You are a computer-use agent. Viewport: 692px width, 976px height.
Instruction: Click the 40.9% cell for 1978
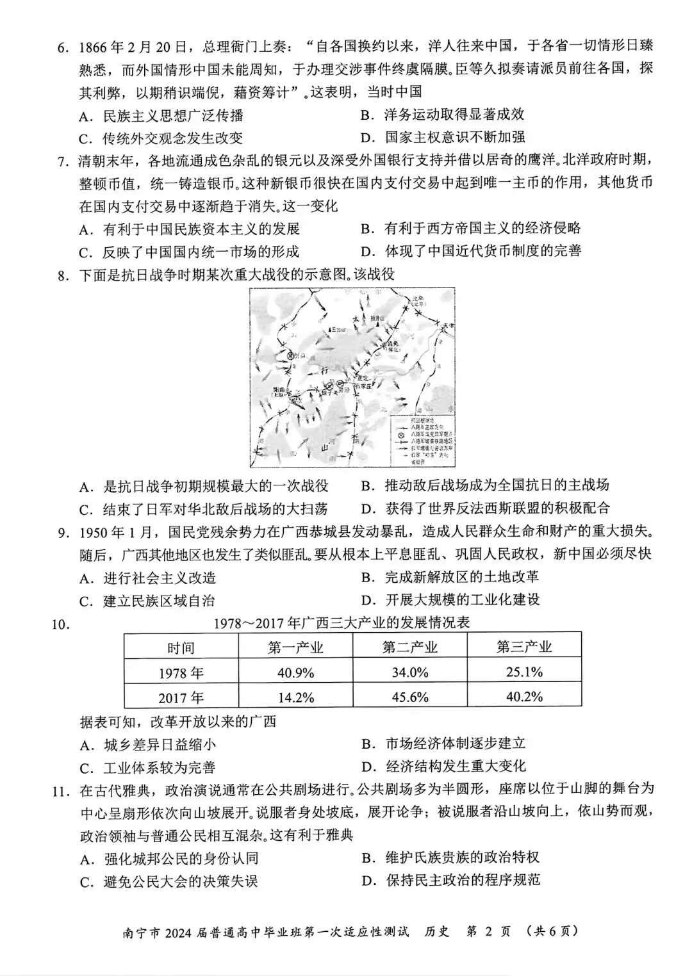(x=295, y=672)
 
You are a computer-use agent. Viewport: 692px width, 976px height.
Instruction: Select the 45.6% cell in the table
(x=409, y=697)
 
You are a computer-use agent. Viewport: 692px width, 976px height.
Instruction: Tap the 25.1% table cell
(x=524, y=672)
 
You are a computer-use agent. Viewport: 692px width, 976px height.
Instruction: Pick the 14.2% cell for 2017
(x=295, y=697)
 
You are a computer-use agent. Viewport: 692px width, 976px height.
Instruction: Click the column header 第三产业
(x=524, y=647)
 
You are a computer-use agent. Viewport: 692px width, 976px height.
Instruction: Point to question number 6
(x=63, y=47)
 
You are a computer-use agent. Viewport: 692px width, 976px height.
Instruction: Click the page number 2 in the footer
(x=489, y=931)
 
